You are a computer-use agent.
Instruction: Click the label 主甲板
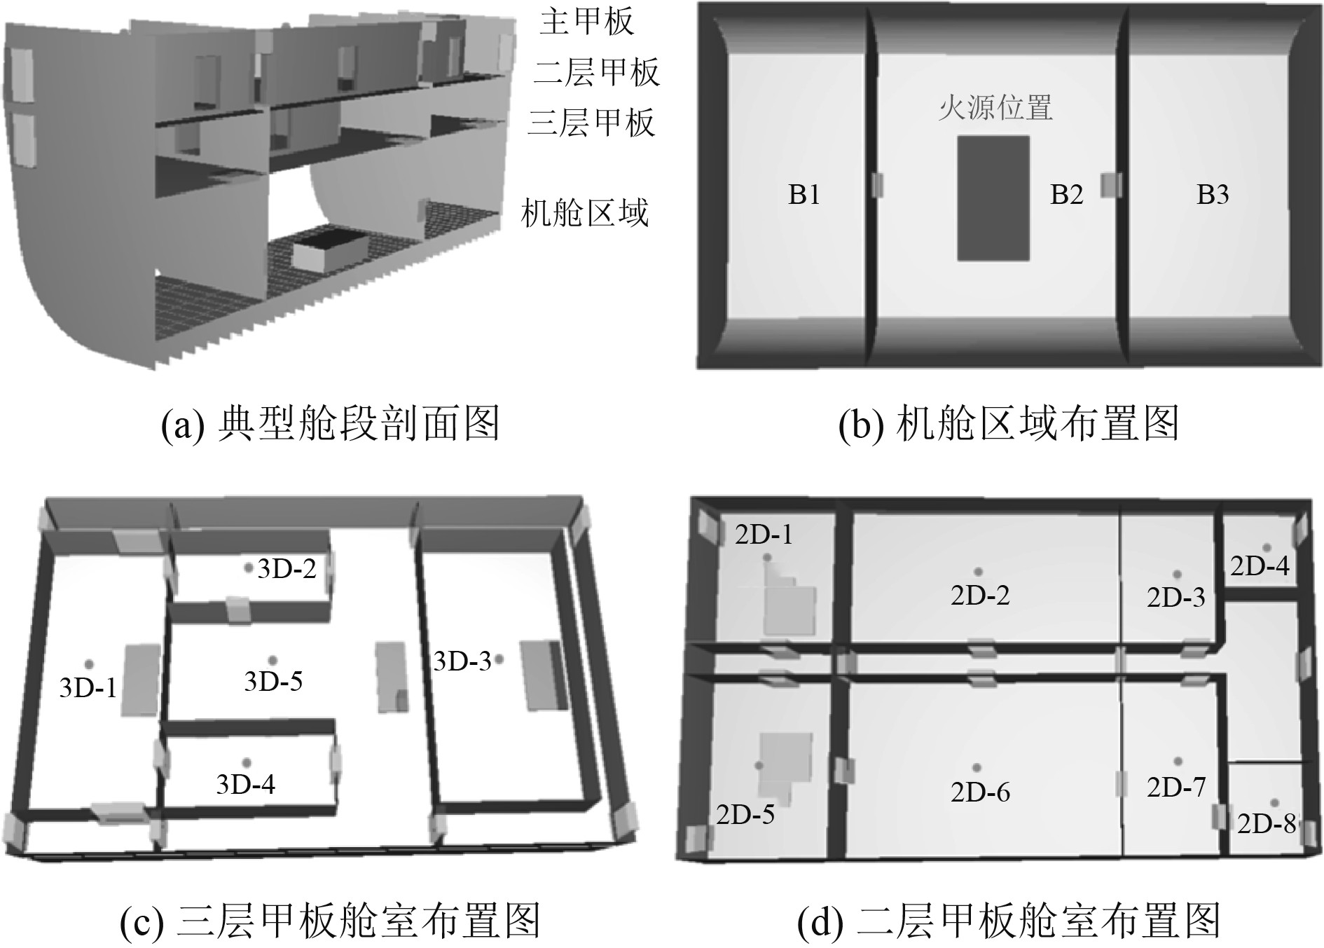(x=587, y=22)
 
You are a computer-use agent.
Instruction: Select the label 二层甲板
(x=596, y=72)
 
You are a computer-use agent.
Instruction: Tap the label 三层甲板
(x=591, y=123)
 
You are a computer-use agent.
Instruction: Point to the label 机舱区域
(x=585, y=212)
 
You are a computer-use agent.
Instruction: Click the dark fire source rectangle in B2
(x=993, y=199)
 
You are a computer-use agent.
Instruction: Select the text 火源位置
(x=995, y=109)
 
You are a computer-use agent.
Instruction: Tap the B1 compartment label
(x=804, y=195)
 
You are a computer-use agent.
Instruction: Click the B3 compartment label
(x=1213, y=195)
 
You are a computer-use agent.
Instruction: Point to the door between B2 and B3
(x=1111, y=186)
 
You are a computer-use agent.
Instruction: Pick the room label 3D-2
(x=287, y=569)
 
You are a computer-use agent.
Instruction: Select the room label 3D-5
(x=273, y=681)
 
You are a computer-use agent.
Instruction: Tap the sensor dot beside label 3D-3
(x=499, y=659)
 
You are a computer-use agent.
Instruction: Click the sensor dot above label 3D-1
(x=89, y=664)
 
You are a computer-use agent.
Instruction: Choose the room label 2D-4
(x=1260, y=566)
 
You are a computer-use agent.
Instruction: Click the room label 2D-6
(x=980, y=792)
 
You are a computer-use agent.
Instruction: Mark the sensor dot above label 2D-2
(x=979, y=572)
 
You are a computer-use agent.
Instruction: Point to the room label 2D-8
(x=1267, y=824)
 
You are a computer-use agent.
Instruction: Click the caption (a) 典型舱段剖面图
(x=330, y=425)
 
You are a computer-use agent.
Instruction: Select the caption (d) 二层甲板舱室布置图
(x=1009, y=921)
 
